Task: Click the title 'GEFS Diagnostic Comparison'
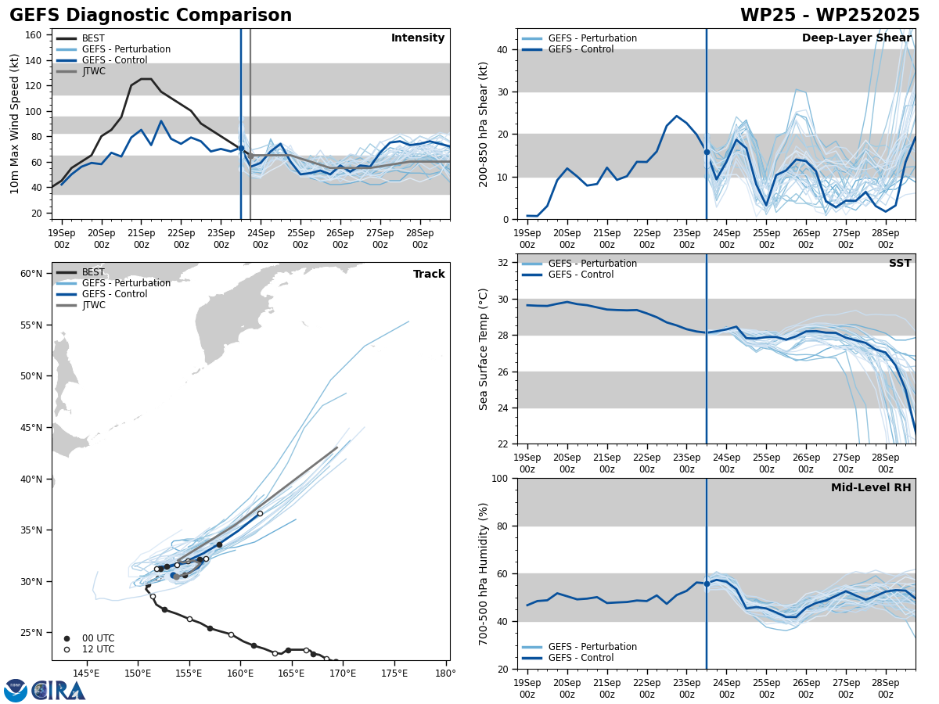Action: (150, 16)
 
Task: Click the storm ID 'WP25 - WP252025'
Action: (829, 16)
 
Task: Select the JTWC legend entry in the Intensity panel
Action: (93, 71)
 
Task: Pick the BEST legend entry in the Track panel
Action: (93, 272)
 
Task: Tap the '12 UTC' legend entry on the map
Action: (98, 649)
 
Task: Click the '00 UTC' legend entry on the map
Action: (98, 638)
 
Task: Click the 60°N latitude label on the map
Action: (31, 274)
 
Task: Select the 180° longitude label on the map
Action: (445, 673)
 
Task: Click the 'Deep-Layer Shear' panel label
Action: (856, 38)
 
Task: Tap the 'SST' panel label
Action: (900, 264)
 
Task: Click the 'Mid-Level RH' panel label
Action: (871, 488)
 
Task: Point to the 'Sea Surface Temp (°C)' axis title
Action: (484, 349)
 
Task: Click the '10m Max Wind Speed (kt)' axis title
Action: (15, 124)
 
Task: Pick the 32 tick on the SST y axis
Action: (505, 262)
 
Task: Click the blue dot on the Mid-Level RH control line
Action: (707, 584)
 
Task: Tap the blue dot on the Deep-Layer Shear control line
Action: (707, 152)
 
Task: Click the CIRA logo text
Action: (59, 691)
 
